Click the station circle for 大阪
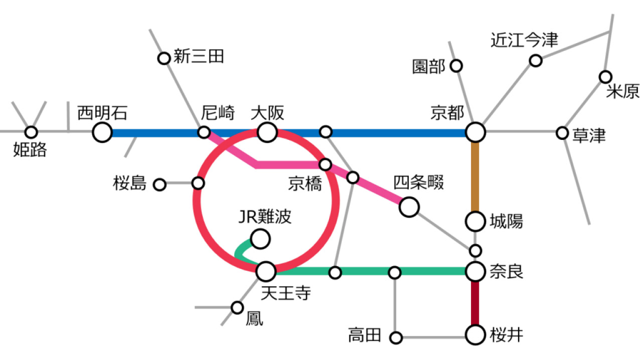coord(267,133)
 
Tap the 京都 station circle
coord(475,133)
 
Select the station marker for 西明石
coord(102,133)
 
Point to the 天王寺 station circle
coord(266,272)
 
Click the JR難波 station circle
coord(260,239)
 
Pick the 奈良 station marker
coord(475,272)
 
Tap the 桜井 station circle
coord(475,334)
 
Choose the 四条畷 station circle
coord(409,207)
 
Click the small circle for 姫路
coord(32,132)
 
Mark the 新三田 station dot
coord(164,59)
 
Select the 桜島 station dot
coord(159,185)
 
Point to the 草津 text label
coord(589,135)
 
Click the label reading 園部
coord(428,67)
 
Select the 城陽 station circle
coord(475,220)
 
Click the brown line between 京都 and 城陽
coord(475,175)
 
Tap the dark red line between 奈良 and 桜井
coord(475,303)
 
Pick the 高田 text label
coord(365,335)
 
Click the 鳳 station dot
coord(237,307)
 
